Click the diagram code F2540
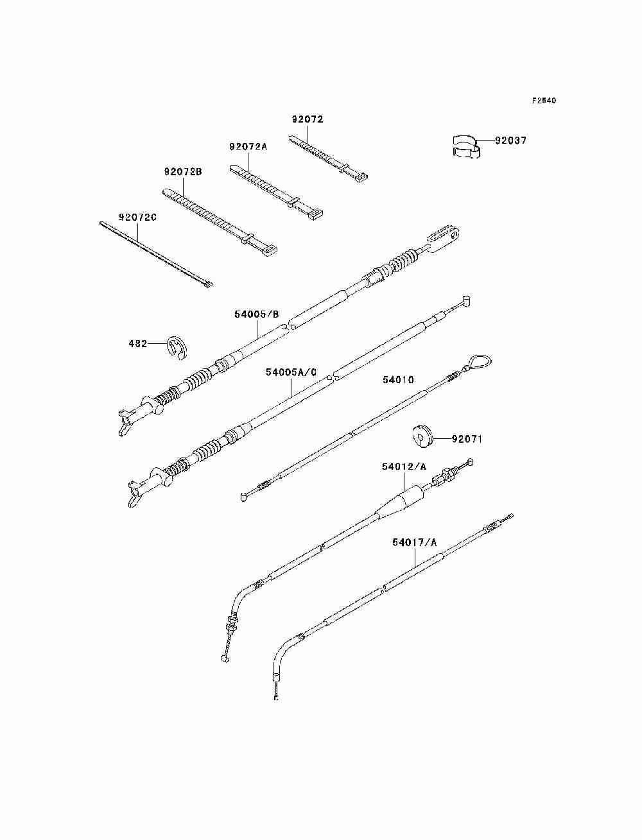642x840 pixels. pos(543,101)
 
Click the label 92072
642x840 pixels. pos(307,119)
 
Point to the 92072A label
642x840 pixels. pos(247,146)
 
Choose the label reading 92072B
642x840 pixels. pos(183,172)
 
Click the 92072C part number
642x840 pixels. pos(137,218)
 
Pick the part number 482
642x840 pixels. pos(137,344)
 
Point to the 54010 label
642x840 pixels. pos(398,380)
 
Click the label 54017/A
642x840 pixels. pos(414,543)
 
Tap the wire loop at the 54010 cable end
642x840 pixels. pos(478,363)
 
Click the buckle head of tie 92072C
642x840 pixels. pos(207,283)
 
